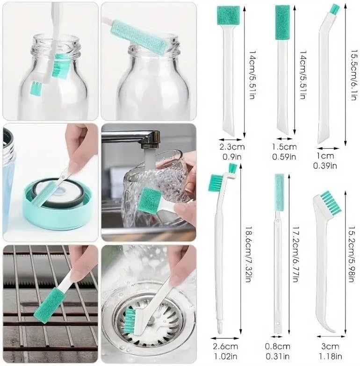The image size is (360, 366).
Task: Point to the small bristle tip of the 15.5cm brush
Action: pos(335,8)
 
